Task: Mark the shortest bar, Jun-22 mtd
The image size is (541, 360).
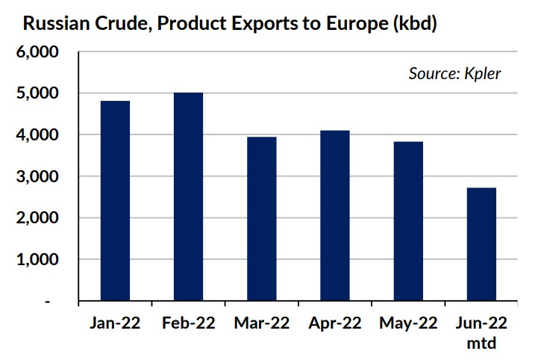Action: (481, 244)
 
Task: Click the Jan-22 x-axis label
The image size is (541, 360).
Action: (115, 323)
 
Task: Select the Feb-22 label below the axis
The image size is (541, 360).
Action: (188, 323)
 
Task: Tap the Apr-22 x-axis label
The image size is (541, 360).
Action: (334, 323)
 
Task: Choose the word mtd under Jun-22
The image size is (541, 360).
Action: (481, 344)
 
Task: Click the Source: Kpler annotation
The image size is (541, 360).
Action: (454, 73)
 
